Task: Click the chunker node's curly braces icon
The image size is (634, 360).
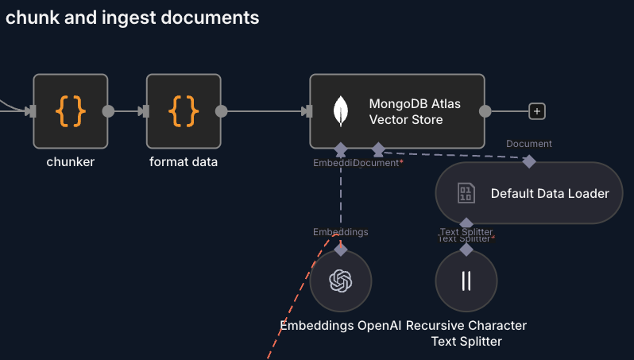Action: [70, 111]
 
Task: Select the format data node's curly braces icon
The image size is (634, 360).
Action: [184, 111]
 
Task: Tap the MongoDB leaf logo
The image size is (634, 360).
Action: [342, 111]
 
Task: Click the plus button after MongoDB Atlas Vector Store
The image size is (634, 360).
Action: [538, 111]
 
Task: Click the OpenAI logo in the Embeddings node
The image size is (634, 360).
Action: [341, 281]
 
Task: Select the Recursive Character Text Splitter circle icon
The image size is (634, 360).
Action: [466, 281]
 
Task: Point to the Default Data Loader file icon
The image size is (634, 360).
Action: [466, 193]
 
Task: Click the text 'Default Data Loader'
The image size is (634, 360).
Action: [550, 193]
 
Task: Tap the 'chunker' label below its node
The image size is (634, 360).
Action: [71, 162]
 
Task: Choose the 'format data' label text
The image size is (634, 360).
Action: [184, 162]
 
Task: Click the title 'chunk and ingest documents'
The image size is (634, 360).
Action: [133, 17]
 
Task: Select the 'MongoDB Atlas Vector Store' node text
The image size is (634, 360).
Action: [415, 111]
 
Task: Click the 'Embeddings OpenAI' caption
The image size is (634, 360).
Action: [341, 326]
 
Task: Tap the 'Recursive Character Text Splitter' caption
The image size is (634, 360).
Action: [466, 333]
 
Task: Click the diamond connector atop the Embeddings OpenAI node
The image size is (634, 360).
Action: [341, 250]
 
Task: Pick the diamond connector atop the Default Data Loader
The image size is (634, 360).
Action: [528, 161]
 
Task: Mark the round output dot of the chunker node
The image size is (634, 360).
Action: [108, 111]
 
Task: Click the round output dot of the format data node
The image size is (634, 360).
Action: [222, 111]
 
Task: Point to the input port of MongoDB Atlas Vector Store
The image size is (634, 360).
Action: [307, 111]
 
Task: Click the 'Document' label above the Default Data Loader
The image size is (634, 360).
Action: [529, 144]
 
